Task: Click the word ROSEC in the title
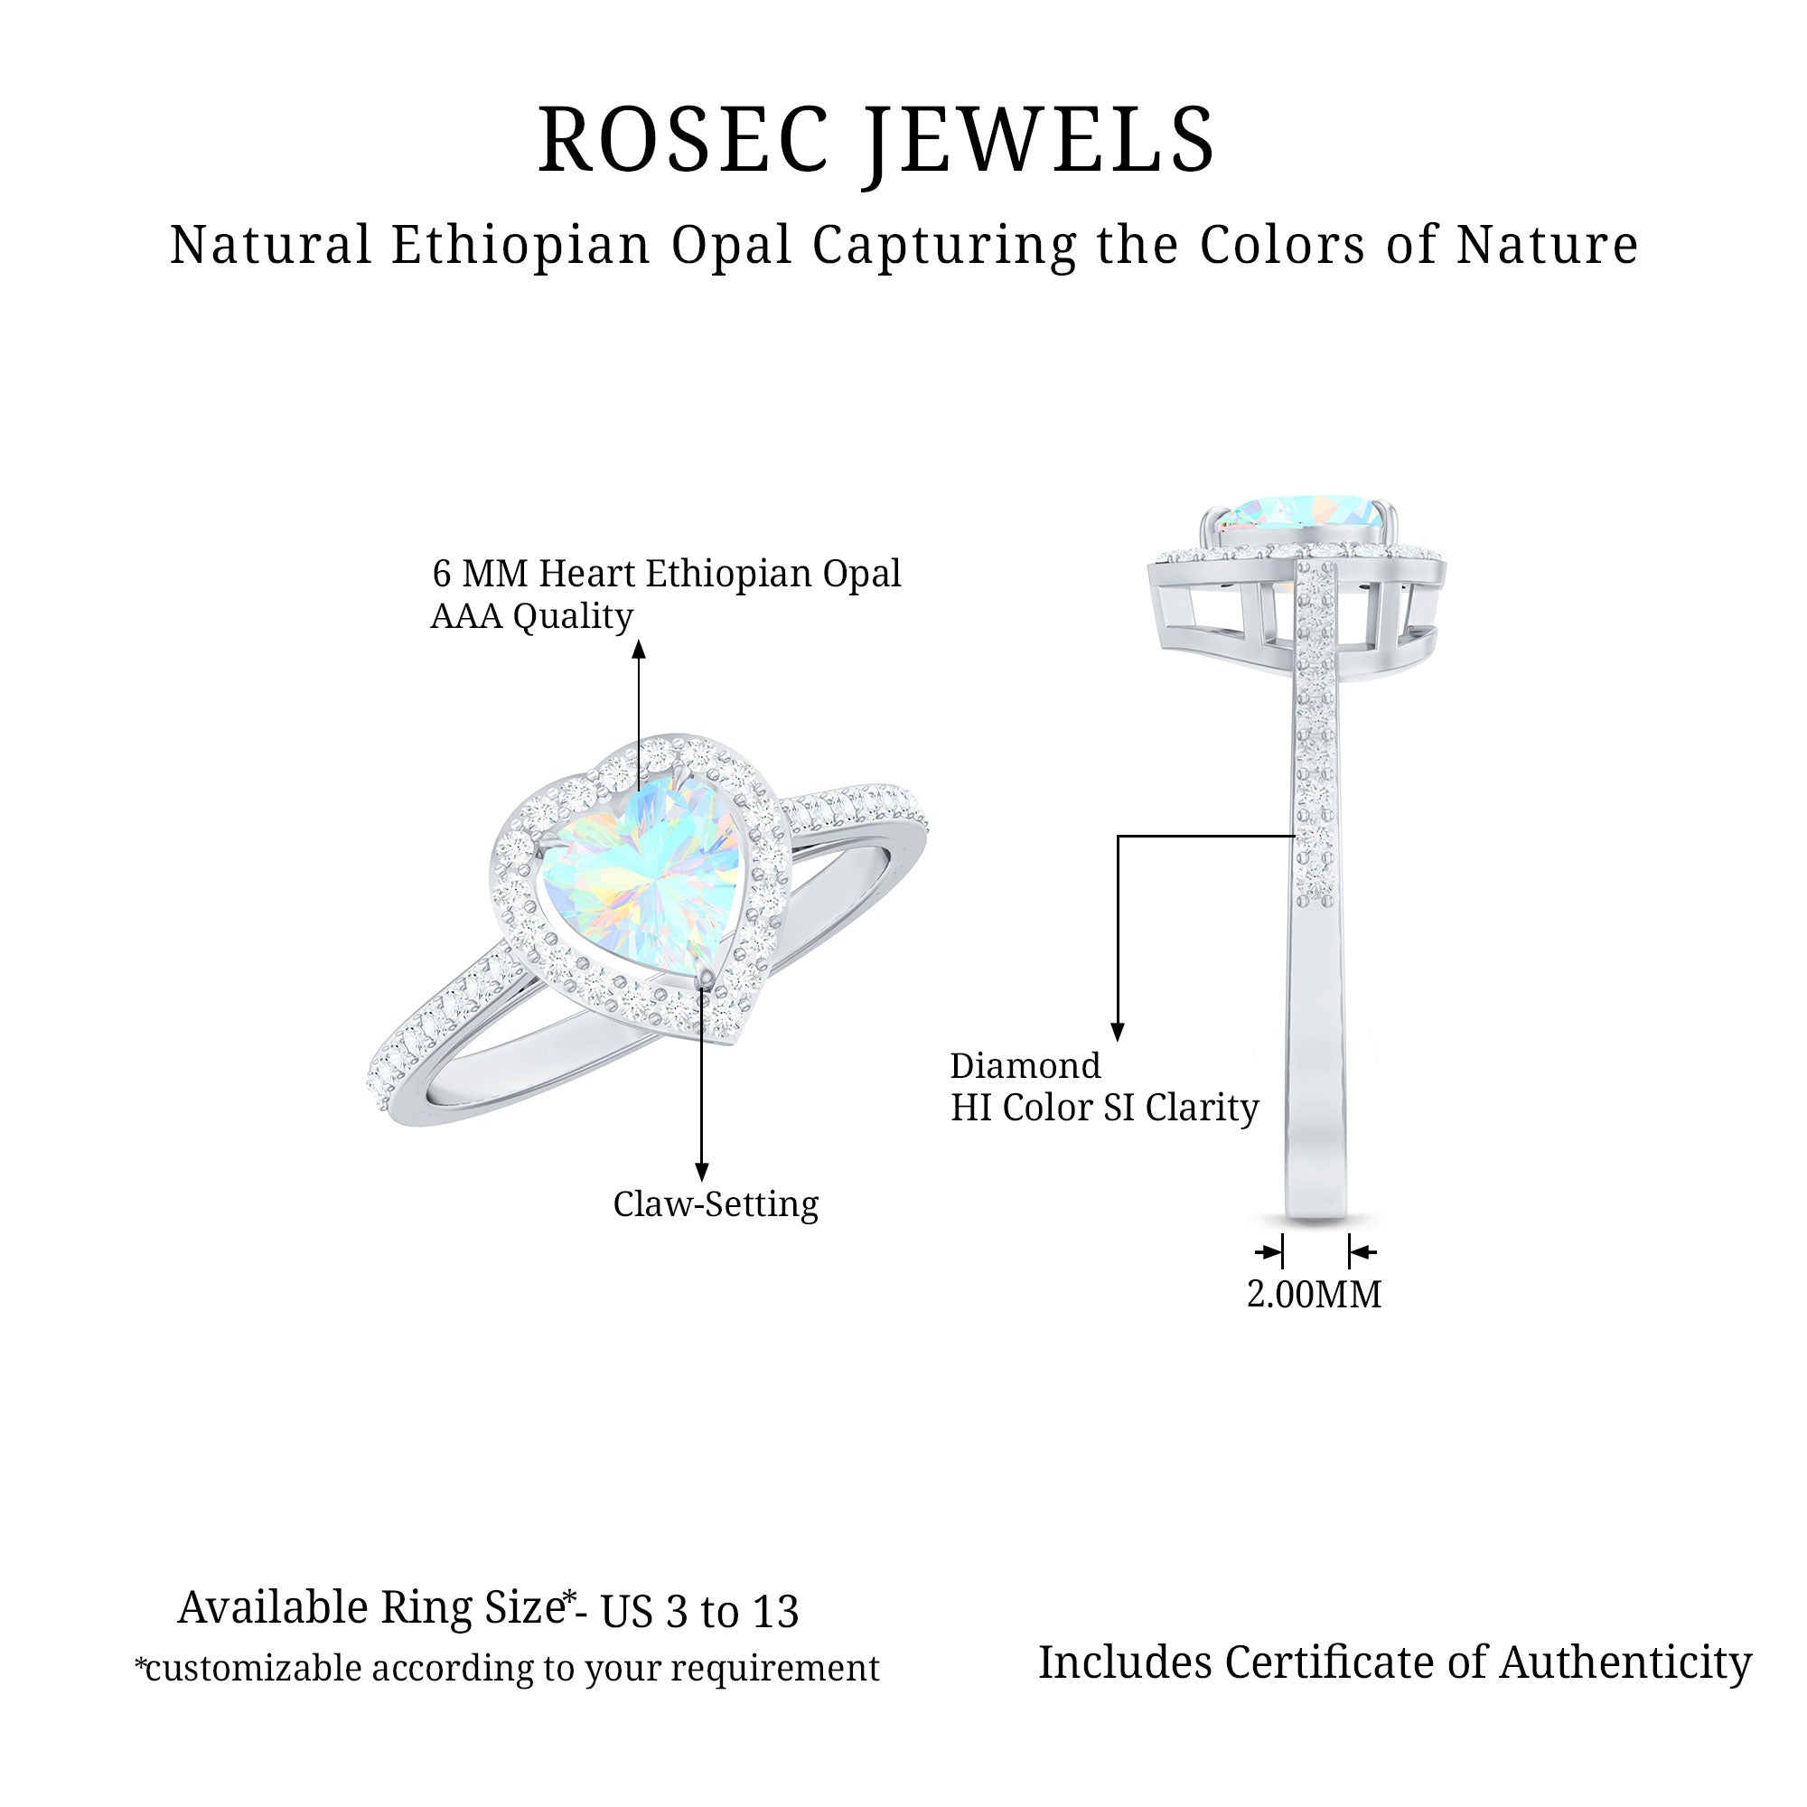tap(684, 141)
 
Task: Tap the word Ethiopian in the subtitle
tap(521, 245)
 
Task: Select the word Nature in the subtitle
tap(1547, 245)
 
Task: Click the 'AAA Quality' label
tap(531, 615)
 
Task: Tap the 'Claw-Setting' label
tap(716, 1203)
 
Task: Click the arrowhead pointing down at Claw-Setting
tap(701, 1172)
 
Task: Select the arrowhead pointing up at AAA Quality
tap(639, 649)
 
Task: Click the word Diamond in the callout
tap(1025, 1066)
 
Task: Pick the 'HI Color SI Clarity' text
tap(1105, 1109)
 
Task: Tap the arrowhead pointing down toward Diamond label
tap(1117, 1031)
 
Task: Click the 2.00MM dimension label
tap(1314, 1295)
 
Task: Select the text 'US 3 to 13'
tap(699, 1612)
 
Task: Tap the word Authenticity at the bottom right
tap(1625, 1662)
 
